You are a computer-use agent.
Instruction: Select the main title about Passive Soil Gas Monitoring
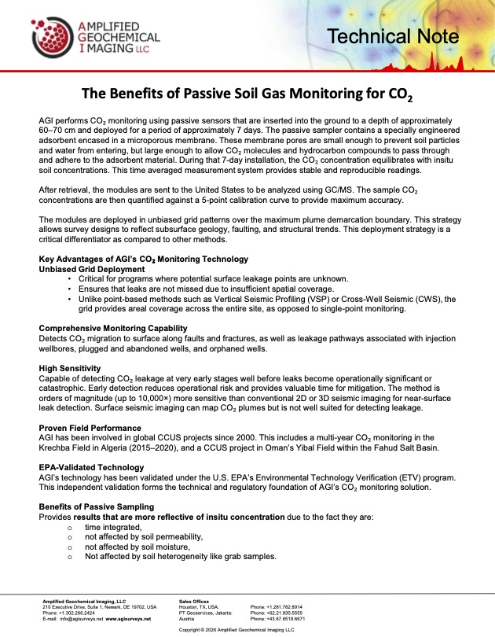(247, 94)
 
